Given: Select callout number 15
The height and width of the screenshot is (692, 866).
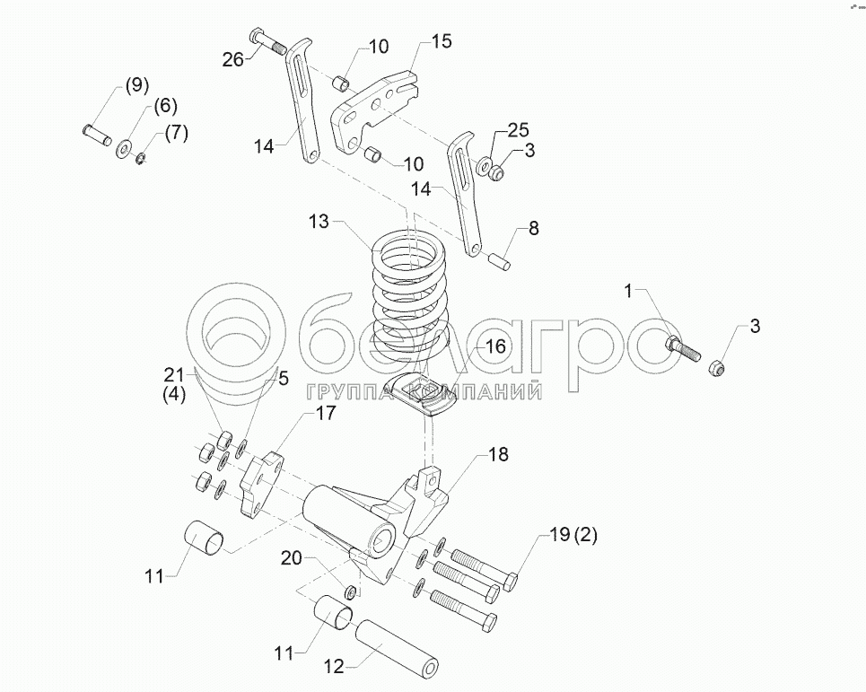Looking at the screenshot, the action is pyautogui.click(x=442, y=41).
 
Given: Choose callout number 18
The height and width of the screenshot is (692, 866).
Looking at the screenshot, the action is pyautogui.click(x=498, y=455).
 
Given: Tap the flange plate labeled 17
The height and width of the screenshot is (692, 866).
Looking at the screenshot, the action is pyautogui.click(x=261, y=485).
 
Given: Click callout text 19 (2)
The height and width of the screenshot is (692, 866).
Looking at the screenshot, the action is pyautogui.click(x=573, y=535).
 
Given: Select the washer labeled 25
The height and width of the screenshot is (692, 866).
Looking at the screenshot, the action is pyautogui.click(x=485, y=164).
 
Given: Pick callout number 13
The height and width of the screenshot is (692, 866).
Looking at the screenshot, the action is pyautogui.click(x=319, y=222).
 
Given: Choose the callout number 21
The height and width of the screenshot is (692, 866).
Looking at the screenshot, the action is pyautogui.click(x=174, y=375).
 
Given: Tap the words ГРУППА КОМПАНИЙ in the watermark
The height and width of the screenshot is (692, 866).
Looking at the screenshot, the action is pyautogui.click(x=423, y=391).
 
